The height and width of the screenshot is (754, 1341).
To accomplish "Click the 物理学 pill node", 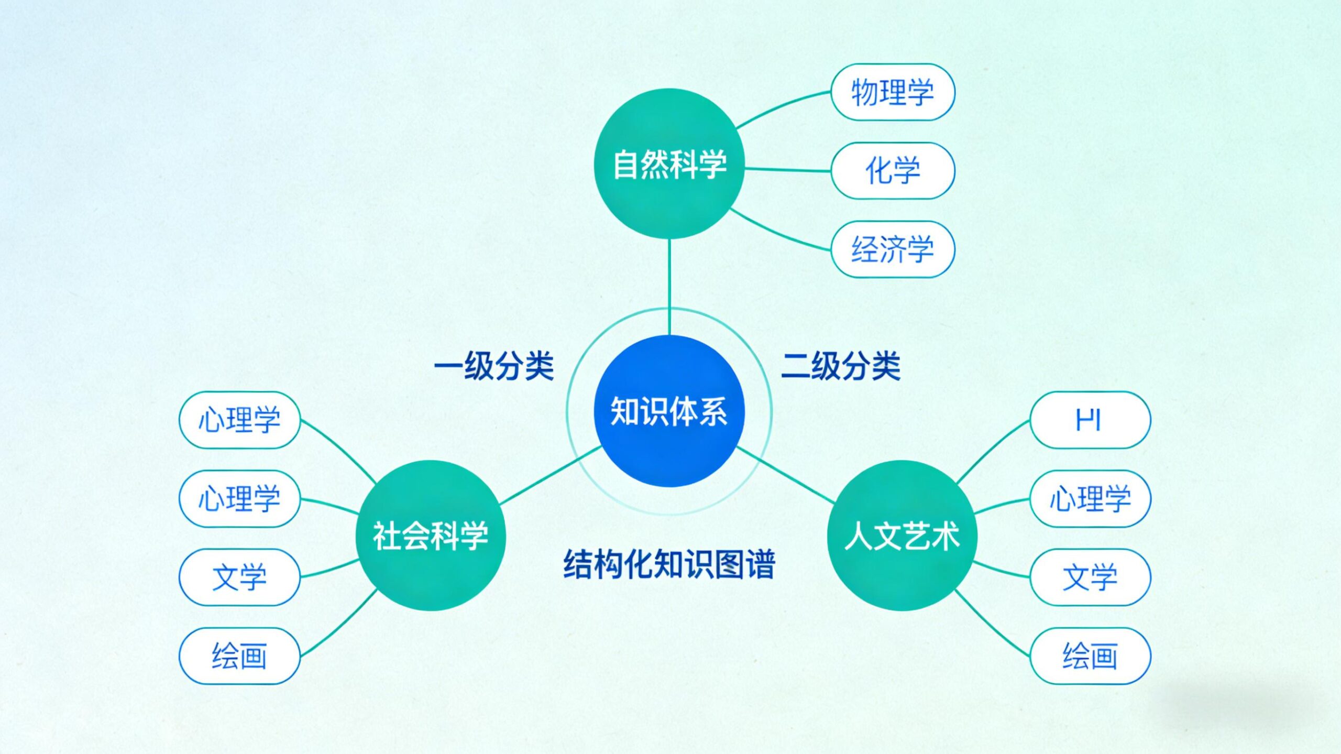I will point(893,92).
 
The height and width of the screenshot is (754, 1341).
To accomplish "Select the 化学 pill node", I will point(893,170).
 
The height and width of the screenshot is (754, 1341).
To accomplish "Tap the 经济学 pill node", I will point(893,249).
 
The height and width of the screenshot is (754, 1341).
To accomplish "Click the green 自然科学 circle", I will point(669,163).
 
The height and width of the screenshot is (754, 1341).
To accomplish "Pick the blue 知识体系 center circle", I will point(669,411).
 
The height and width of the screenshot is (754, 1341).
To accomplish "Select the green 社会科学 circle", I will point(431,536).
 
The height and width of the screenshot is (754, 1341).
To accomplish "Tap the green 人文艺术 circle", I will point(902,536).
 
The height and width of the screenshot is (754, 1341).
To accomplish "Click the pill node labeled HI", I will point(1090,420).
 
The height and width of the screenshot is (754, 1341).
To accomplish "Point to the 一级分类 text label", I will point(494,366).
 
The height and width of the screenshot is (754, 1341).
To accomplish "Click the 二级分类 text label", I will point(841,366).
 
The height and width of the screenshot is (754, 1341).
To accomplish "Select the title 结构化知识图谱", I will point(669,564).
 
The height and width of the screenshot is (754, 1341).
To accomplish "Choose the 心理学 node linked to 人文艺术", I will point(1090,498).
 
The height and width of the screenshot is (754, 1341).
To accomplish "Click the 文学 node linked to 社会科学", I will point(239,577).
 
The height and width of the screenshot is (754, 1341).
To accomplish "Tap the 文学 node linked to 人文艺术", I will point(1090,577).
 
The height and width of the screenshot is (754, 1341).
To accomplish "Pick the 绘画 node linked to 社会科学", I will point(239,655).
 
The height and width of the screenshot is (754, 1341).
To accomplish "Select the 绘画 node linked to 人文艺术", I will point(1090,655).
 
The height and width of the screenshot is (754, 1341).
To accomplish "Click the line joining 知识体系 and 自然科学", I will point(669,287).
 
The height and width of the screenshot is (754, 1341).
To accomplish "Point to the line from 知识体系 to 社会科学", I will point(550,476).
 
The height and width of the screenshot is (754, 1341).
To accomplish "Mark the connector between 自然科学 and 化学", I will point(787,169).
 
